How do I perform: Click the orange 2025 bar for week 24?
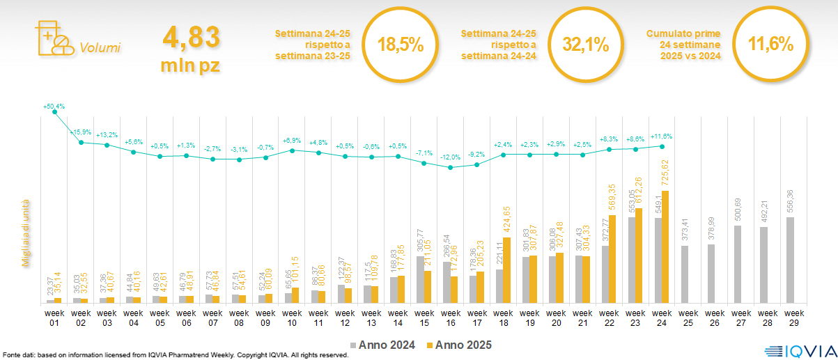(x=666, y=247)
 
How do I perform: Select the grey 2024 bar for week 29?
(x=791, y=260)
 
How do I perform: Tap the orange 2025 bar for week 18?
(x=508, y=270)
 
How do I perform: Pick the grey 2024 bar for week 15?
(x=420, y=279)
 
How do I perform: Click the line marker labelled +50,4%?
(x=54, y=111)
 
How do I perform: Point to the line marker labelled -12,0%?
(x=450, y=168)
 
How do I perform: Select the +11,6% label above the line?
(x=662, y=137)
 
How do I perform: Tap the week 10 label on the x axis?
(x=292, y=317)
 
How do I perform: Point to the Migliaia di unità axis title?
(x=26, y=230)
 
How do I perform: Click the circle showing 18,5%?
(x=401, y=45)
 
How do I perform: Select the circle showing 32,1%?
(x=586, y=45)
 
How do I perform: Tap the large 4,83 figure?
(x=191, y=37)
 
